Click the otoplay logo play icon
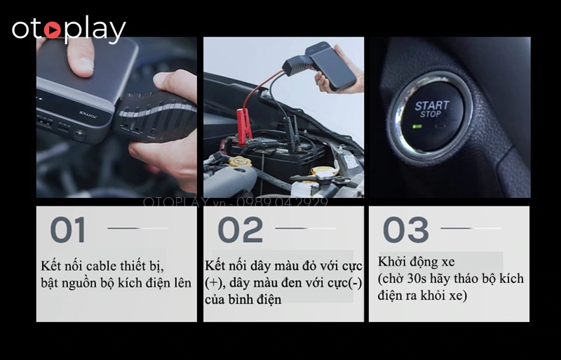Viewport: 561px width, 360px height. [52, 30]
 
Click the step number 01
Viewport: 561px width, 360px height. [68, 230]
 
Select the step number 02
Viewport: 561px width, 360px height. [240, 230]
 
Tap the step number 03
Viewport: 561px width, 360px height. [406, 230]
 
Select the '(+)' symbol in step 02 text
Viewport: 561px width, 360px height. [215, 284]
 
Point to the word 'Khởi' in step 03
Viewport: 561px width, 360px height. [392, 262]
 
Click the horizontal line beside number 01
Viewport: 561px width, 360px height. [137, 228]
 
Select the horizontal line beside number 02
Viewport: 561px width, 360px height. [305, 228]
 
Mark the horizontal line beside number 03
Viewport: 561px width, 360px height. [471, 228]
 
